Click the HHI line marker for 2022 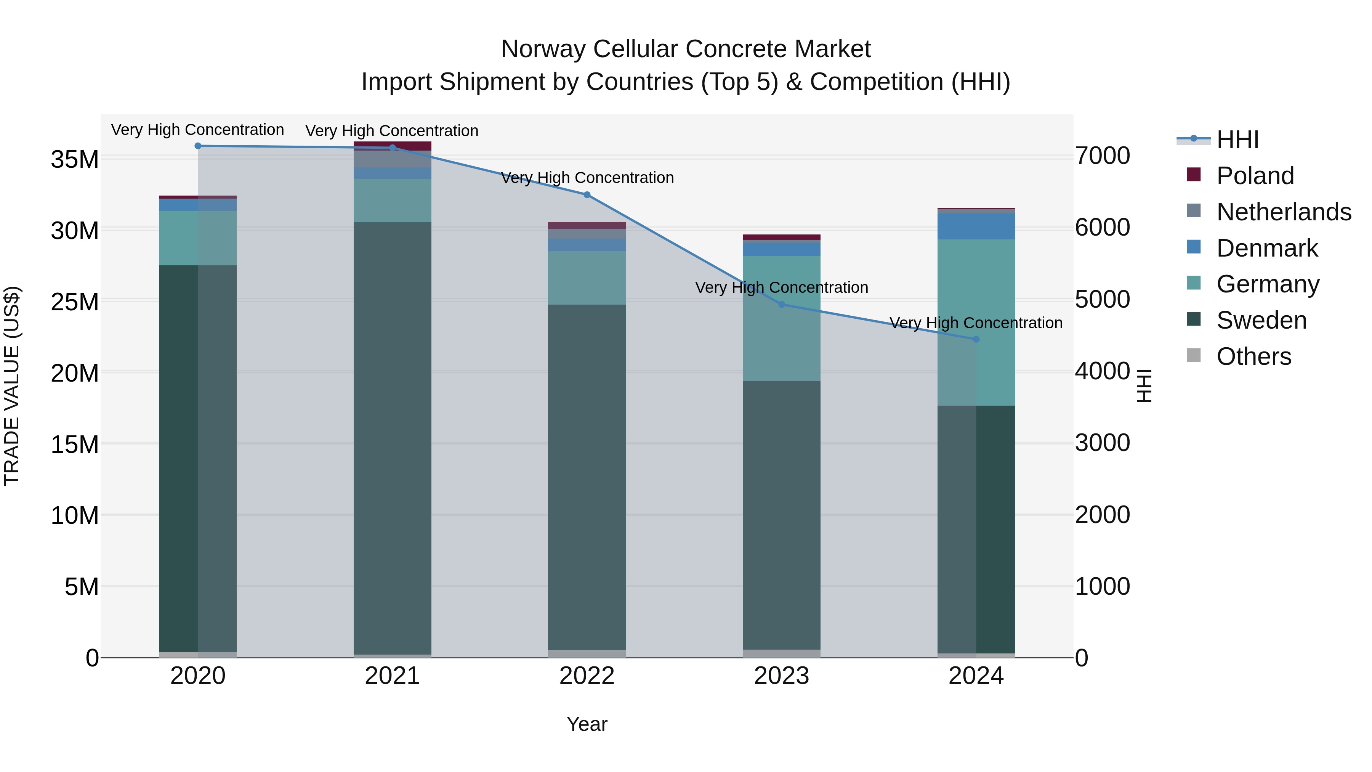pyautogui.click(x=587, y=195)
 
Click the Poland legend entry pyautogui.click(x=1255, y=176)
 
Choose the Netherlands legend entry pyautogui.click(x=1284, y=212)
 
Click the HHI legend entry pyautogui.click(x=1237, y=140)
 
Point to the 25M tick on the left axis pyautogui.click(x=75, y=302)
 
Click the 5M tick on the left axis pyautogui.click(x=82, y=587)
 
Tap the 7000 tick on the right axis pyautogui.click(x=1102, y=156)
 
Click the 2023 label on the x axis pyautogui.click(x=781, y=676)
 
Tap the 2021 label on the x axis pyautogui.click(x=393, y=676)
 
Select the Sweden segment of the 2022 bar pyautogui.click(x=587, y=477)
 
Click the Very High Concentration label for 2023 pyautogui.click(x=781, y=288)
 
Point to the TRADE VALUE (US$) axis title pyautogui.click(x=12, y=386)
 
